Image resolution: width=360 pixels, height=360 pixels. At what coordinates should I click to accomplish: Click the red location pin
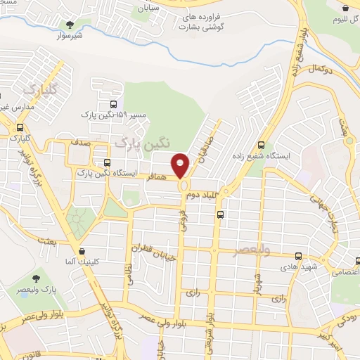(x=181, y=166)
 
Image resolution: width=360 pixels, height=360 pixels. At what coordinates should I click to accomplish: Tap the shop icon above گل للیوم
(x=345, y=8)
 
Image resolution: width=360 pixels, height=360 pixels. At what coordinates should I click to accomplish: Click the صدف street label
(x=79, y=141)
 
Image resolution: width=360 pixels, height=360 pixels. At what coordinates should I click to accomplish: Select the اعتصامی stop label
(x=345, y=271)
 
